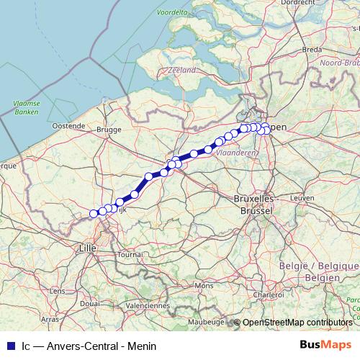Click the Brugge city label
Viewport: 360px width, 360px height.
[109, 130]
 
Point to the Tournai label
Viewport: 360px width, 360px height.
[130, 255]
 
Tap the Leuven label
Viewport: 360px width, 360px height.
[303, 197]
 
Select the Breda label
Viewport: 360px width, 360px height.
[312, 50]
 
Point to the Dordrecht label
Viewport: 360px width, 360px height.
[279, 3]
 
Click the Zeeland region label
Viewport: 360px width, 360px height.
[181, 71]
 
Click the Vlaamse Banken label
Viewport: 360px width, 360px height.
[26, 108]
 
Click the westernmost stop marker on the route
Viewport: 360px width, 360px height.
[93, 213]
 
